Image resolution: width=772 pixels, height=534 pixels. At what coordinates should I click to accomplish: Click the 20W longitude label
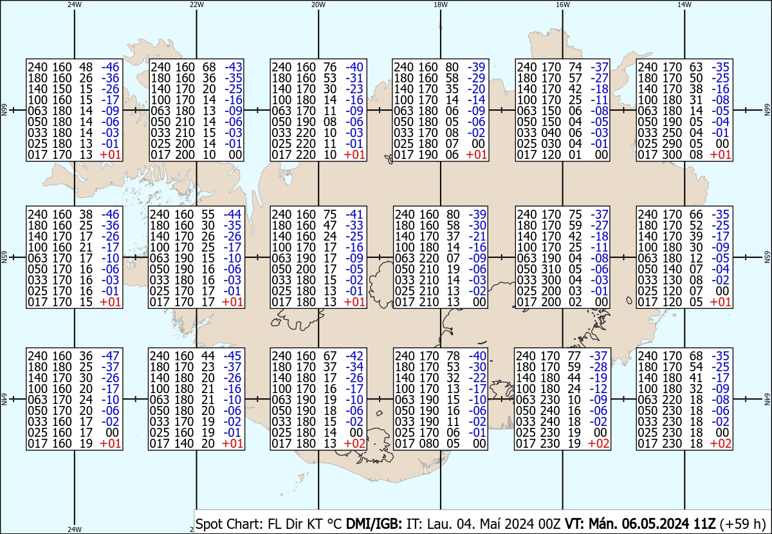tap(318, 5)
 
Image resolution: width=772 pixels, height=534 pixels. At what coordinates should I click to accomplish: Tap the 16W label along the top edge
tap(562, 5)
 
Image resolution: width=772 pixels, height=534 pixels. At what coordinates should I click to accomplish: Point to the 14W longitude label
tap(685, 5)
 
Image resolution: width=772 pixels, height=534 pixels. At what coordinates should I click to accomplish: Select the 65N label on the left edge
tap(4, 257)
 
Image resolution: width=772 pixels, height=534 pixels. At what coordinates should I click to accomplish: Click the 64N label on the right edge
tap(767, 399)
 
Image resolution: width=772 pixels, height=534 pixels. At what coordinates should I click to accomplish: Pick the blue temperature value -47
tap(110, 356)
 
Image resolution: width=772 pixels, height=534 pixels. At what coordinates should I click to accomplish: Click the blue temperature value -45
tap(232, 356)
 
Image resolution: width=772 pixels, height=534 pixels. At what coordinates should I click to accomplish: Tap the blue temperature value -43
tap(234, 67)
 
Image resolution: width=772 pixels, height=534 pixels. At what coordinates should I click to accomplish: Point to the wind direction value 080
tap(428, 443)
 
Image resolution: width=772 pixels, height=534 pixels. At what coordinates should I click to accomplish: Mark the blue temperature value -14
tap(476, 100)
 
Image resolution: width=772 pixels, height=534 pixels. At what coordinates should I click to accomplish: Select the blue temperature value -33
tap(354, 225)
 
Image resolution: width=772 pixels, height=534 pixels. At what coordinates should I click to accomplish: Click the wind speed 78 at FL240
tap(454, 356)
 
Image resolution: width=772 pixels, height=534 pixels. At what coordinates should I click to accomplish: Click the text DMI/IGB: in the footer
tap(374, 524)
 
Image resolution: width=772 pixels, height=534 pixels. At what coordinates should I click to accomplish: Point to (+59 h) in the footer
tap(742, 524)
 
